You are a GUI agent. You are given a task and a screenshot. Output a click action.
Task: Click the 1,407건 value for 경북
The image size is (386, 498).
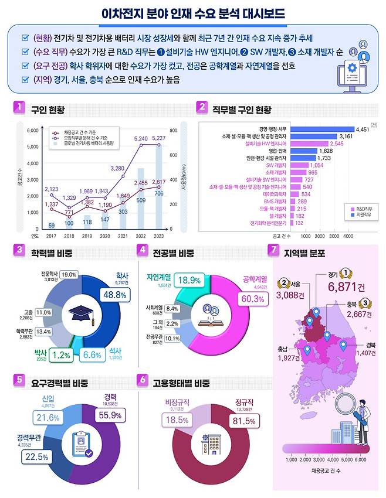358,353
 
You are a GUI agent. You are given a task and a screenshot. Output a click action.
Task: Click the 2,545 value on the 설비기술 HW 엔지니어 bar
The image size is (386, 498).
336,144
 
